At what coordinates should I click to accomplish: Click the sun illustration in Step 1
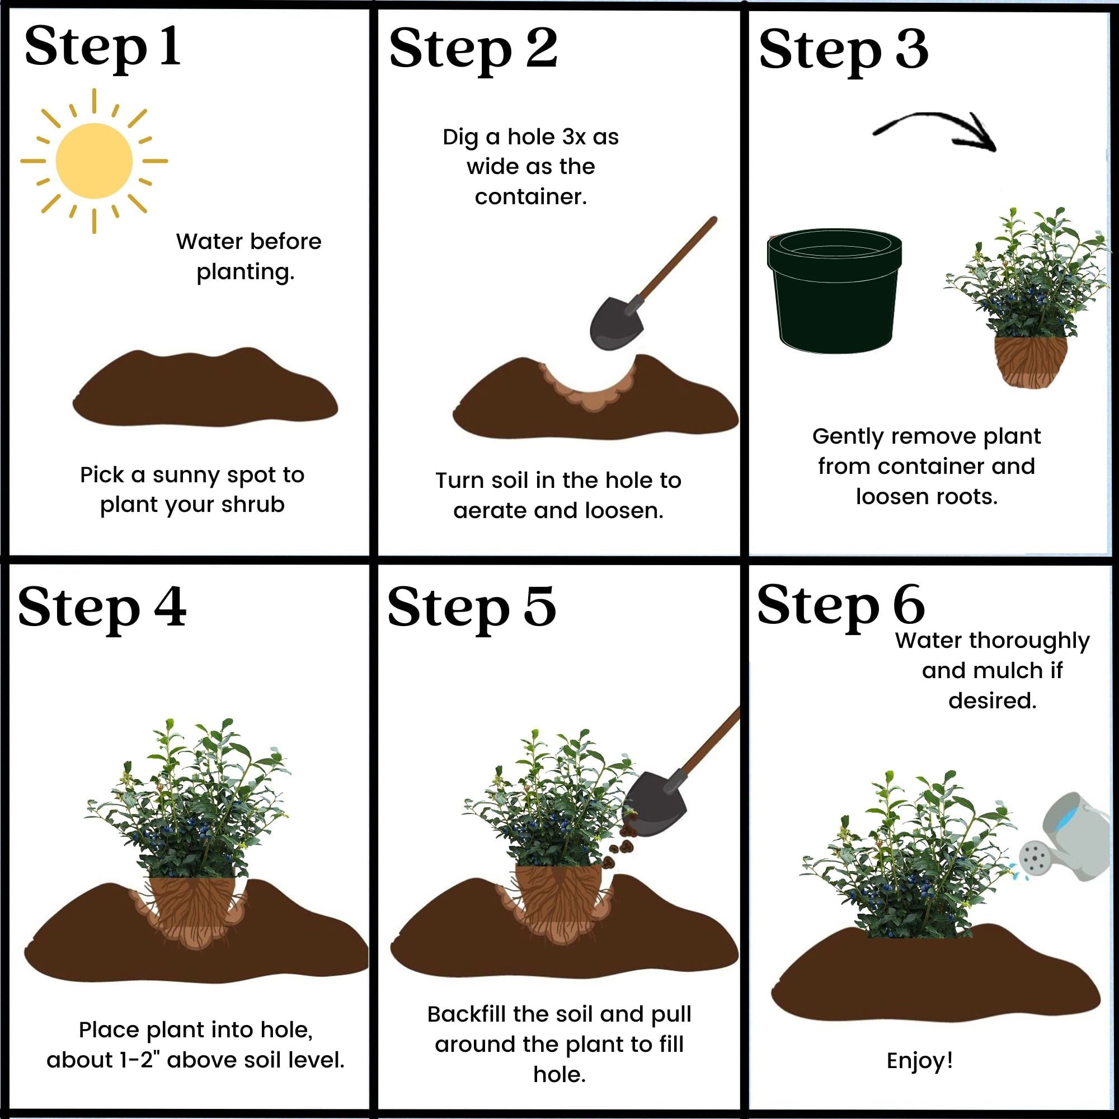click(94, 161)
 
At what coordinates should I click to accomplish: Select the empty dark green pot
click(834, 292)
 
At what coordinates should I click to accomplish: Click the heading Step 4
click(102, 608)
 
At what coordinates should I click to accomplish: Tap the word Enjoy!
click(919, 1060)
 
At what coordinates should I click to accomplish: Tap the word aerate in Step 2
click(490, 511)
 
